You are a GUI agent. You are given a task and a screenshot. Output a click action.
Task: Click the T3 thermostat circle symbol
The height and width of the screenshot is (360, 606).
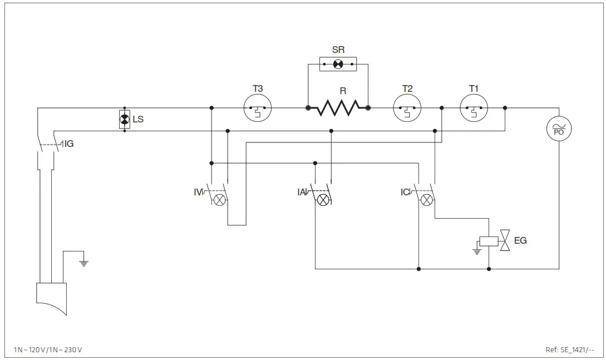point(258,108)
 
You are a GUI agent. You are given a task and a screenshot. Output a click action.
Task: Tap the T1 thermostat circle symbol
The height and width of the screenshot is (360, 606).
point(474,108)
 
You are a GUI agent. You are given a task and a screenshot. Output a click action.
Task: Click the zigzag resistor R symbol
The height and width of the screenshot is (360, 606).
point(338,108)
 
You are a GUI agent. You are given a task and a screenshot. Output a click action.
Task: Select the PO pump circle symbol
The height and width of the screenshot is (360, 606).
point(559,129)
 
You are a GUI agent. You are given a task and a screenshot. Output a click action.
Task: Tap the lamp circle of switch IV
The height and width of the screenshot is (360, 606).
point(220,200)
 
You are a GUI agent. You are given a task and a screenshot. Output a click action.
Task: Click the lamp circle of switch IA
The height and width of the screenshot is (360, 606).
point(323,200)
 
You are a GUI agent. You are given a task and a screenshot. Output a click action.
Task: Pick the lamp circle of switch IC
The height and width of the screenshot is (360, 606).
point(426,200)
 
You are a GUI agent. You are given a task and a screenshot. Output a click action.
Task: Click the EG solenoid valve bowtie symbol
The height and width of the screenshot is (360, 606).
point(505,241)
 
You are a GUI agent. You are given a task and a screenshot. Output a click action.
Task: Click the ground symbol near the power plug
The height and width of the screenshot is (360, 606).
point(84,263)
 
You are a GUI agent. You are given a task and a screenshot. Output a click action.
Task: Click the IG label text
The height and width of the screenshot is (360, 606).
point(69,144)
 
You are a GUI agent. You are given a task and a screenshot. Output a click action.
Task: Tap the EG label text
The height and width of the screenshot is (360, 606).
point(520,241)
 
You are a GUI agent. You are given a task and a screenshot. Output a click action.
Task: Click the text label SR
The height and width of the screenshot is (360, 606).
point(338,50)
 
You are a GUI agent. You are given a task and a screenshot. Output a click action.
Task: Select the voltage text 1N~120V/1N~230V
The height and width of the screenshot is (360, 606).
point(48,349)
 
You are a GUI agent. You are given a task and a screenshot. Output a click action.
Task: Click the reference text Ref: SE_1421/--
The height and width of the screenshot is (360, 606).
point(570,349)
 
